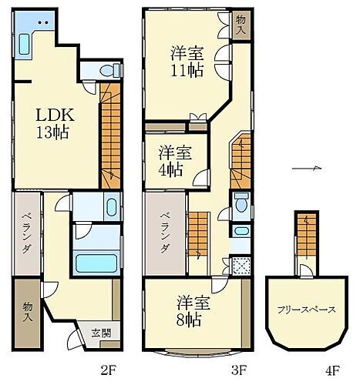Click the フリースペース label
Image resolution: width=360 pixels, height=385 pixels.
coord(306,310)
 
